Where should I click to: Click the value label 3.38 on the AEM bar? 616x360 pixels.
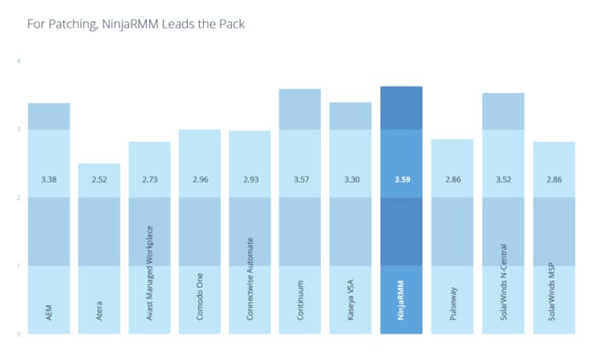[48, 180]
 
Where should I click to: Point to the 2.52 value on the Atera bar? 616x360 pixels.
[99, 180]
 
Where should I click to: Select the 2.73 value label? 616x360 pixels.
[149, 180]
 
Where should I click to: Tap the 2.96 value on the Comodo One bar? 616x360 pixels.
[199, 180]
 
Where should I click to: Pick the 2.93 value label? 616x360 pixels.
[249, 180]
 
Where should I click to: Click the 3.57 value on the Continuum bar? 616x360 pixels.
[300, 180]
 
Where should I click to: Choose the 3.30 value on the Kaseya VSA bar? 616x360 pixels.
[351, 180]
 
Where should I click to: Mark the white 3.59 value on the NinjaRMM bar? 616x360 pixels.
[401, 180]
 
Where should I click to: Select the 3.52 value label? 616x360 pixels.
[502, 180]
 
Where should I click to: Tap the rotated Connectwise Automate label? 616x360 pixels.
[250, 278]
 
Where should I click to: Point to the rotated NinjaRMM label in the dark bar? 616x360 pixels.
[401, 299]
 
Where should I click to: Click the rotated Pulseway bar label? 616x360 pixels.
[452, 302]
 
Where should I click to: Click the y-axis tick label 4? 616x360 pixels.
[18, 62]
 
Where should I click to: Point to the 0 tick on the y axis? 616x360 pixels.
[18, 334]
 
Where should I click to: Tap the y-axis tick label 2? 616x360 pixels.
[18, 197]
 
